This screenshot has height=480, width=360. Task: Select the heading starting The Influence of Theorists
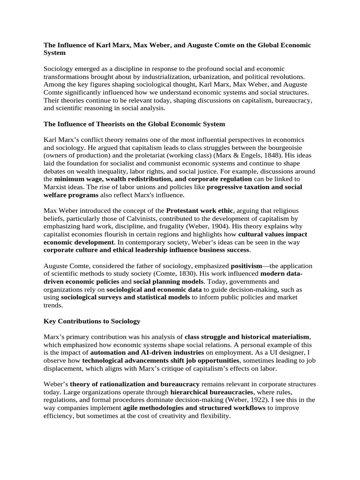tap(134, 124)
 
